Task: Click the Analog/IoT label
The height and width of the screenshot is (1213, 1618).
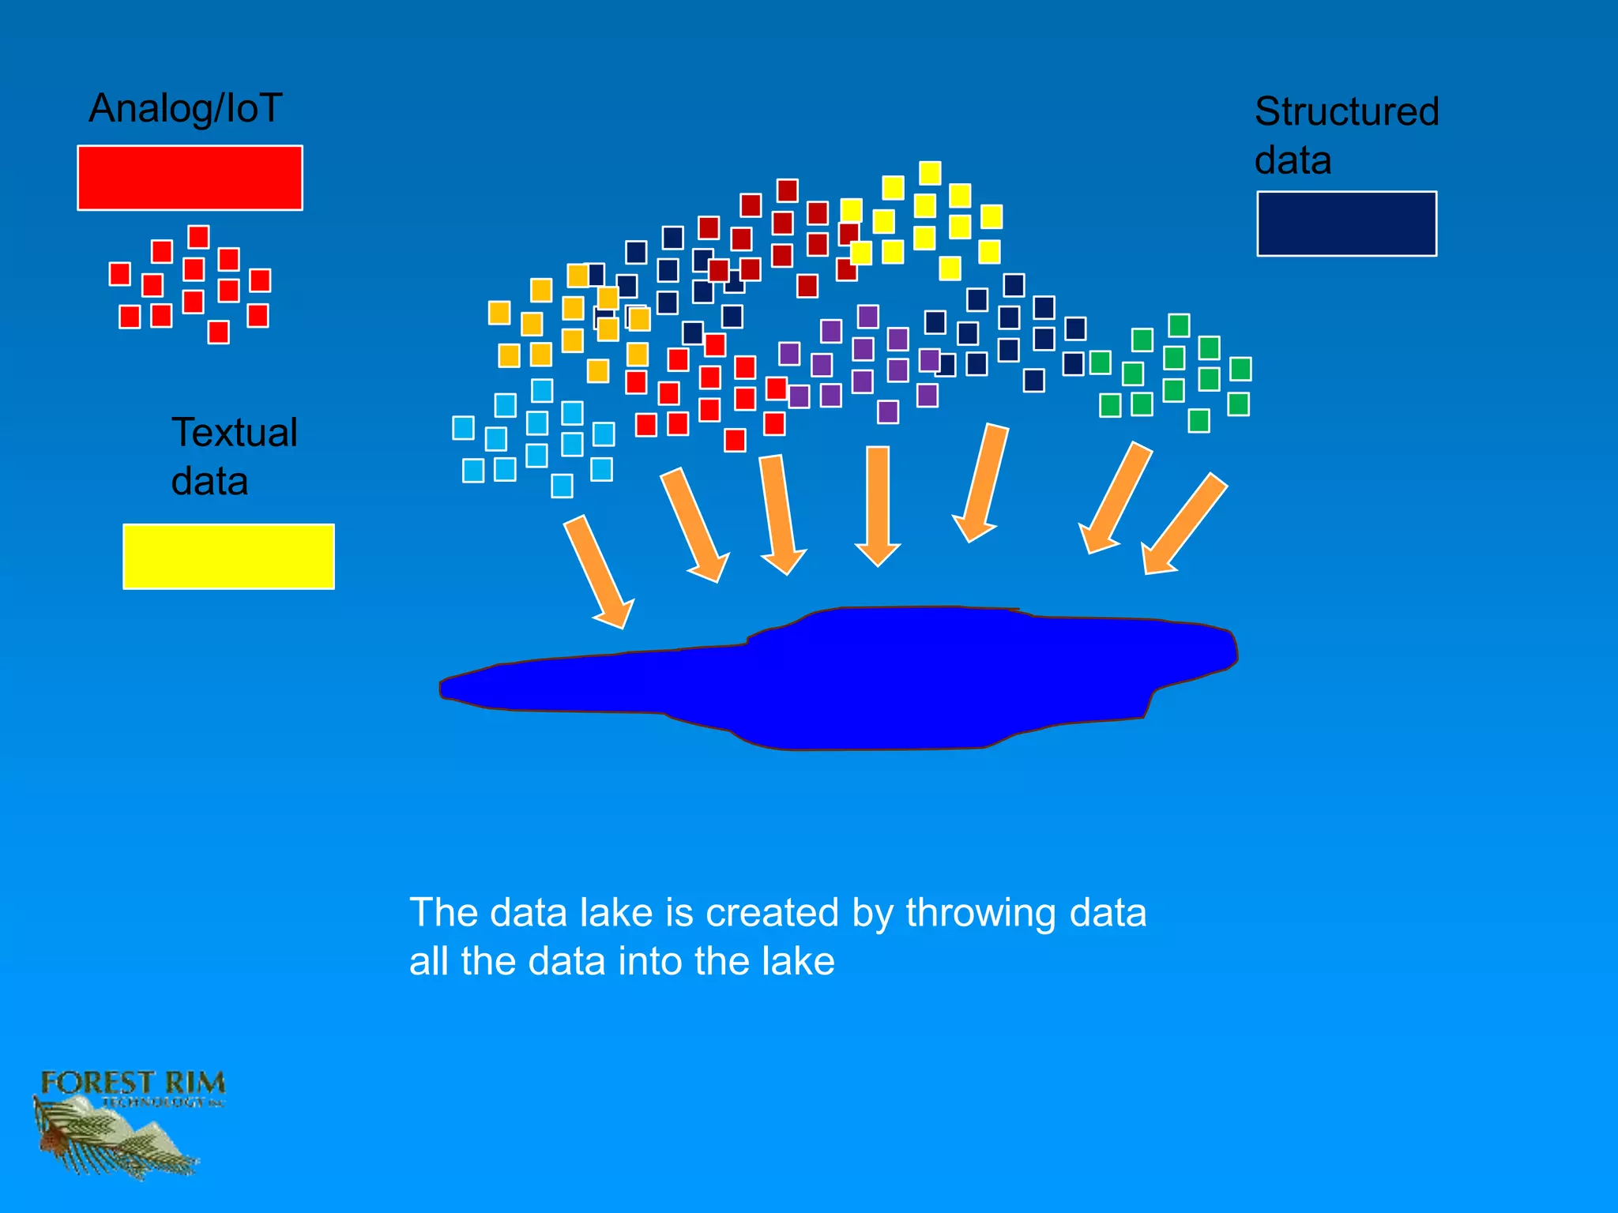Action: (x=185, y=108)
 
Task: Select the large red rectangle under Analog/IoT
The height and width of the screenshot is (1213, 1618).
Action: (x=190, y=178)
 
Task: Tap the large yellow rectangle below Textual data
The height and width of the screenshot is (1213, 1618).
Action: (x=228, y=556)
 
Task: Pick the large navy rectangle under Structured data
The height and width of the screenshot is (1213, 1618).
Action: (x=1346, y=223)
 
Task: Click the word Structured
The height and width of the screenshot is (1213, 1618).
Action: (x=1346, y=111)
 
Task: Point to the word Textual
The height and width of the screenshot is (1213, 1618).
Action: (x=235, y=433)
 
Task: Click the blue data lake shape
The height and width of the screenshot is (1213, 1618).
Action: (x=869, y=679)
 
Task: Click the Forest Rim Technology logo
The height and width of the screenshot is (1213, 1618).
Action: (x=126, y=1121)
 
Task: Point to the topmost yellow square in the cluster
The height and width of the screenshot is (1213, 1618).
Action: (x=930, y=172)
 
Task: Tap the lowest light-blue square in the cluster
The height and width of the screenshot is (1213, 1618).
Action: (x=562, y=486)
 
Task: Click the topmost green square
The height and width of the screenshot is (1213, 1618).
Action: (x=1179, y=325)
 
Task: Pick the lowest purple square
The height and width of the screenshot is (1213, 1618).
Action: (x=888, y=411)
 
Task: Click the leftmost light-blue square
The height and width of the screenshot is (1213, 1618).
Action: (x=463, y=428)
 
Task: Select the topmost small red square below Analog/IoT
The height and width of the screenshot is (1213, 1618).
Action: (x=198, y=236)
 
